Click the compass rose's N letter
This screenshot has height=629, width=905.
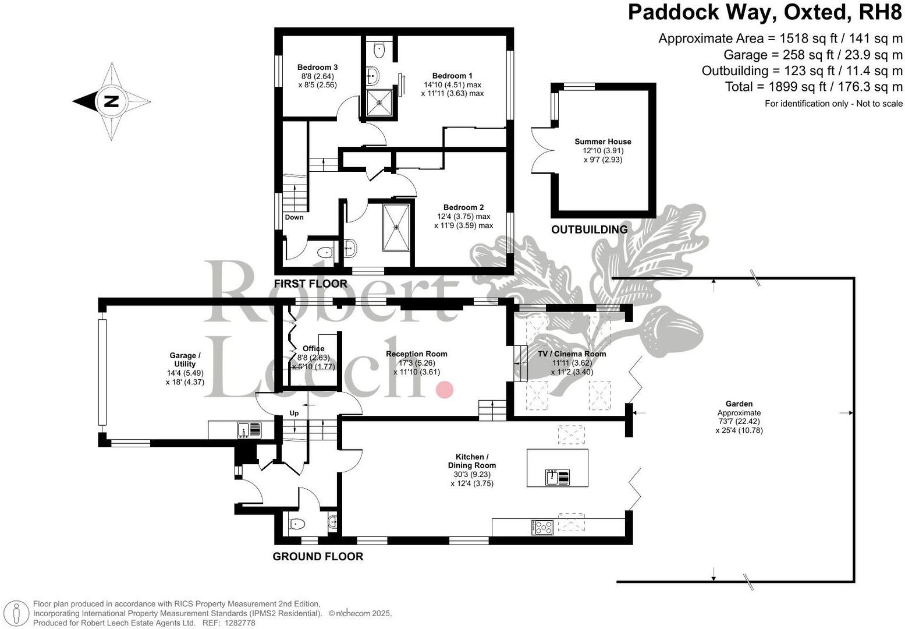[x=111, y=101]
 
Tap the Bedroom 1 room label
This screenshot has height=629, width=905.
[x=452, y=76]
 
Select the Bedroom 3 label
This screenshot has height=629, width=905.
[x=317, y=67]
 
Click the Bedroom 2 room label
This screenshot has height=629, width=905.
[x=463, y=207]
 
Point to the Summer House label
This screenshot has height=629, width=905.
[x=602, y=142]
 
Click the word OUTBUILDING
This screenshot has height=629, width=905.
[x=589, y=229]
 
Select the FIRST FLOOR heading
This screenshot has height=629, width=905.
[x=310, y=284]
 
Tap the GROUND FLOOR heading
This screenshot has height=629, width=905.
[x=318, y=556]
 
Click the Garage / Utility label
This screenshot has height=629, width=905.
[x=185, y=359]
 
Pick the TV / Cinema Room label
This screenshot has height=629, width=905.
[x=572, y=354]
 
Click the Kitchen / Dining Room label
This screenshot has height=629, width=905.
[x=472, y=461]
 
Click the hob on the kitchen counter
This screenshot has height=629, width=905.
[x=542, y=527]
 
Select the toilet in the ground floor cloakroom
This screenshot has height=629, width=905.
[x=297, y=524]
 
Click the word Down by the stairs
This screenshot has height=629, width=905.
[x=294, y=217]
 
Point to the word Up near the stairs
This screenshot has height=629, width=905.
[x=294, y=413]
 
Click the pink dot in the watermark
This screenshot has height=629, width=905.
[x=445, y=390]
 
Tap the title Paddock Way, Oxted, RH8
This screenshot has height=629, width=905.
[x=765, y=12]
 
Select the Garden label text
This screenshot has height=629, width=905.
[x=739, y=404]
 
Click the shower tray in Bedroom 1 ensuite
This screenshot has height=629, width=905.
[x=380, y=103]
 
